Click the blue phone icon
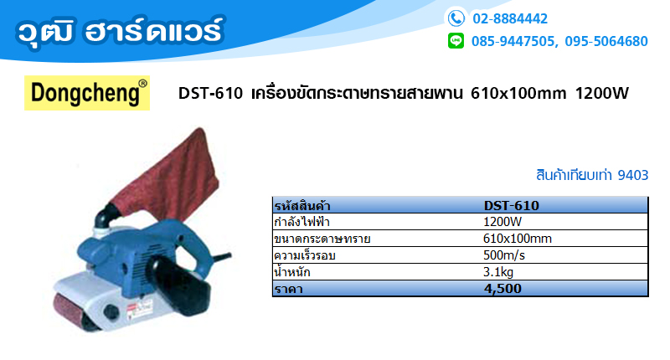(456, 18)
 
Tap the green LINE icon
(456, 41)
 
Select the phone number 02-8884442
(510, 18)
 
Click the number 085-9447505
(513, 41)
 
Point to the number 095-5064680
(606, 41)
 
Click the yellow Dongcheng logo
(87, 93)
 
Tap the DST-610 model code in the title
(211, 93)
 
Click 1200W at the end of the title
(602, 93)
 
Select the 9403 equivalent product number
(633, 175)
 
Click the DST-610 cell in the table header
(512, 205)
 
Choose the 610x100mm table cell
(518, 239)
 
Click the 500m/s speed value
(504, 255)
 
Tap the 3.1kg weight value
(498, 271)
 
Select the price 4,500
(503, 289)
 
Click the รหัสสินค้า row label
(302, 206)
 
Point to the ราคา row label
(289, 289)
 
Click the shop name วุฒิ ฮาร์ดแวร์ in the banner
(120, 32)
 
